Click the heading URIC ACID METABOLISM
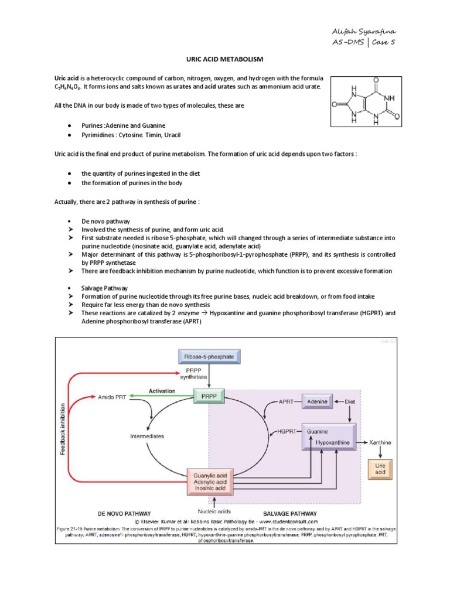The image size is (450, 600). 225,60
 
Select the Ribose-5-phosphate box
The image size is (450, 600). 209,355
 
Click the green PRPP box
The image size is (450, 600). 209,397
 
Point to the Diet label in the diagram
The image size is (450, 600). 350,401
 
